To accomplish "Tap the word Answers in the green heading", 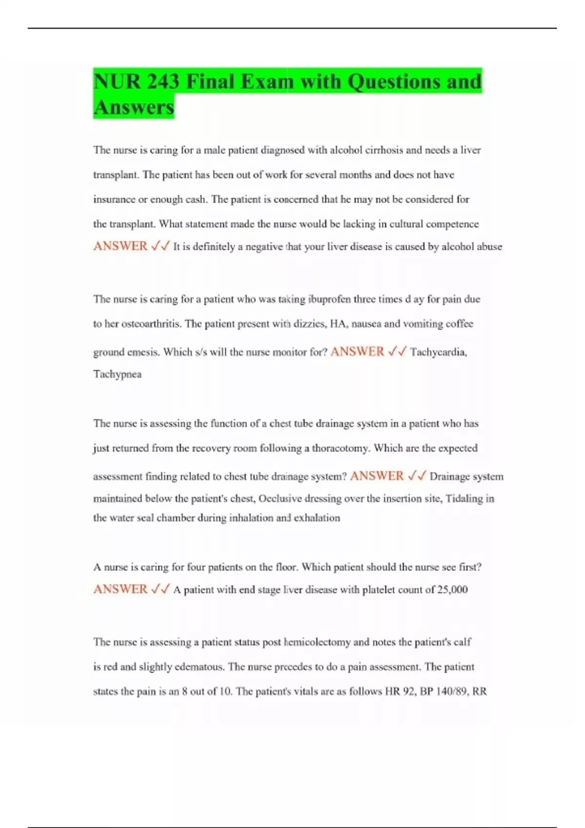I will (x=134, y=107).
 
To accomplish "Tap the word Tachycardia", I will (x=438, y=352).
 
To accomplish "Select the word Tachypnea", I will (x=117, y=374).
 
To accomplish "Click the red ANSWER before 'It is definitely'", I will (x=120, y=246).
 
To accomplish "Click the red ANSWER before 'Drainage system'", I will (x=377, y=476).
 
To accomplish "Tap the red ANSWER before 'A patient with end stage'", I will (x=120, y=589).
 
